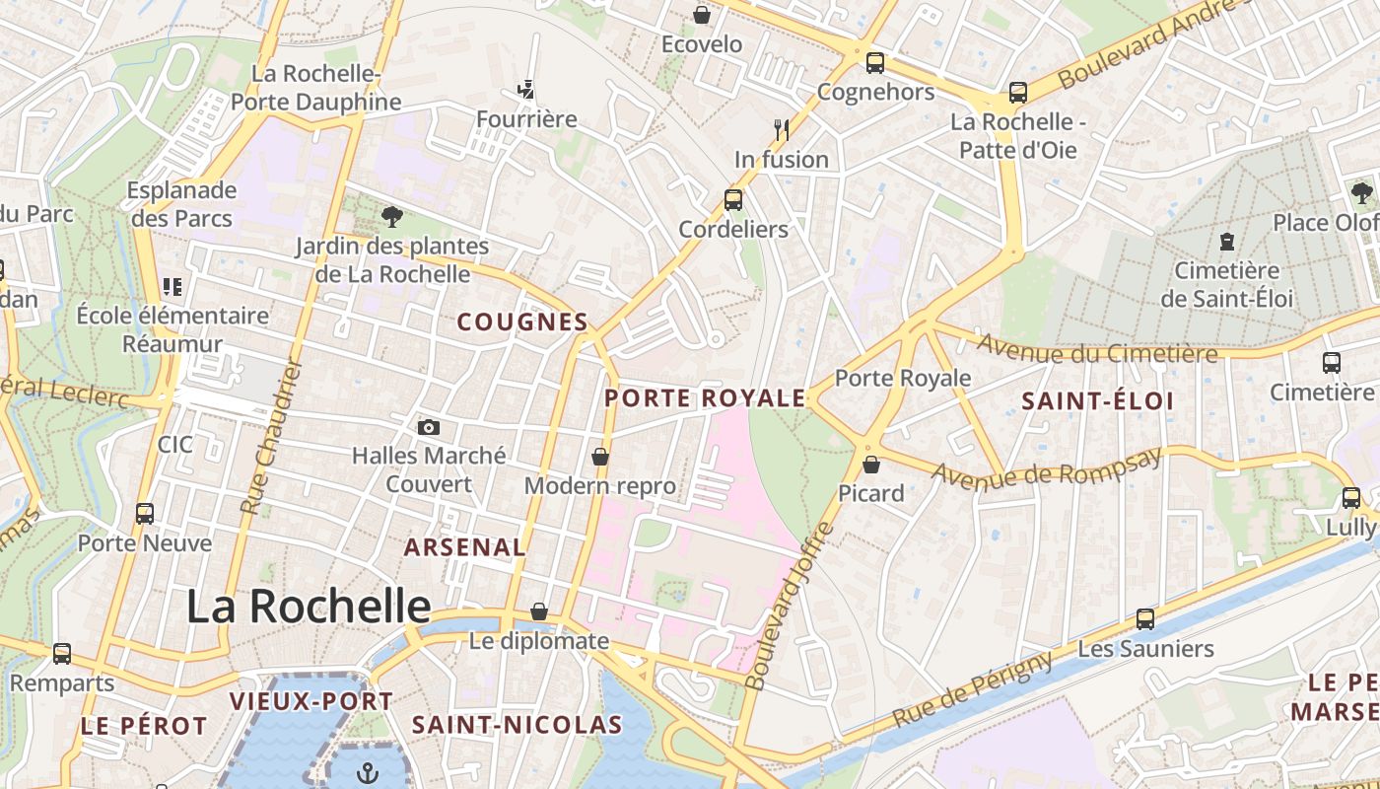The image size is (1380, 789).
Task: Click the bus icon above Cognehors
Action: pos(874,63)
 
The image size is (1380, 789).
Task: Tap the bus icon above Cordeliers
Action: pos(733,199)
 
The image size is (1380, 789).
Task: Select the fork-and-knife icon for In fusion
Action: pos(782,129)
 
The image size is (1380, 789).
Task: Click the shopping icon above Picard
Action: pos(871,464)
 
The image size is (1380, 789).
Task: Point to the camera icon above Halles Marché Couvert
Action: pos(428,427)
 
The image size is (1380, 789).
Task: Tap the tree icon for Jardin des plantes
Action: pos(392,217)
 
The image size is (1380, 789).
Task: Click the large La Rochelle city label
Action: pos(309,606)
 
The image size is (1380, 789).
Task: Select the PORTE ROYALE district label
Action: pos(705,398)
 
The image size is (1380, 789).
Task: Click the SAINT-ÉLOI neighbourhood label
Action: pos(1097,401)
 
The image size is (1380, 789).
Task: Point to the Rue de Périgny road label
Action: pos(972,691)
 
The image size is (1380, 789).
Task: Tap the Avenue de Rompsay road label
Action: pos(1046,469)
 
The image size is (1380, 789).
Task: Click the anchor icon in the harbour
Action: pos(367,772)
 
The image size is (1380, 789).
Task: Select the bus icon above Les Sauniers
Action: pos(1145,619)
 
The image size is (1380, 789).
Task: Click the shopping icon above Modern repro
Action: pos(599,457)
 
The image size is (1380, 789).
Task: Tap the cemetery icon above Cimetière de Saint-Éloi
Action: pos(1227,241)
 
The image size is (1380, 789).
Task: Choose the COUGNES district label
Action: pos(522,323)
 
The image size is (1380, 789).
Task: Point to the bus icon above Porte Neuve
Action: pos(145,514)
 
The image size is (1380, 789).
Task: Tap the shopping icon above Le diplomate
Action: pos(538,611)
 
